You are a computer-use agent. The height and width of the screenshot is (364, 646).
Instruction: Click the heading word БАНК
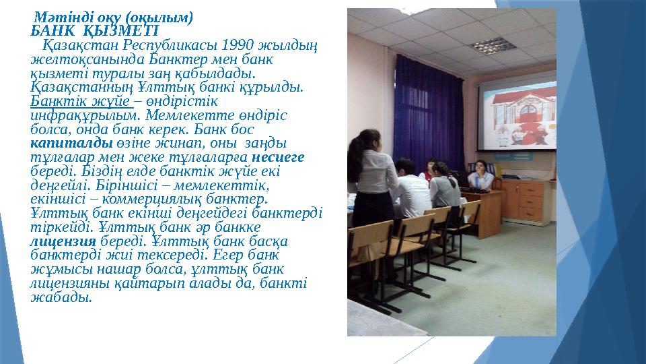50,30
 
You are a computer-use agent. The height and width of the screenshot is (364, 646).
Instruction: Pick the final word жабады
61,297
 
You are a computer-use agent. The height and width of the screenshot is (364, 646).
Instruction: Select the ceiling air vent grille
489,45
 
